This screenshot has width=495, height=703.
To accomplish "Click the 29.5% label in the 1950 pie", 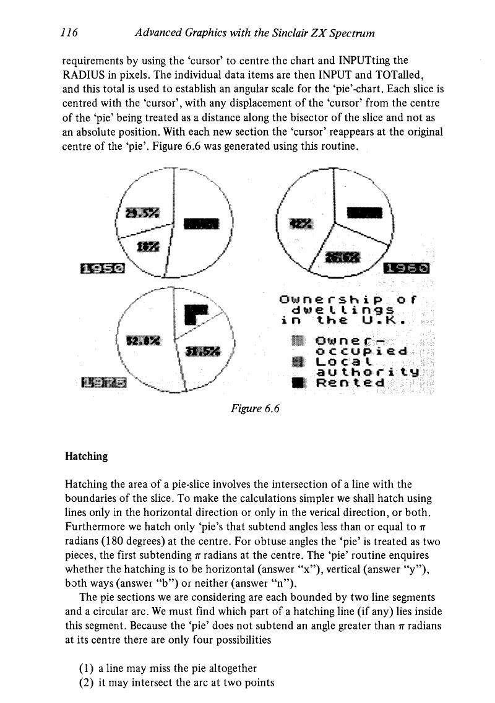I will tap(142, 213).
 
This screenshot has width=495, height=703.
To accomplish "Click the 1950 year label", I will tap(103, 268).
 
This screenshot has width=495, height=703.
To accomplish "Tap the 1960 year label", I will tap(409, 268).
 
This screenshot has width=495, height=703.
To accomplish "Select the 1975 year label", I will tap(103, 384).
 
